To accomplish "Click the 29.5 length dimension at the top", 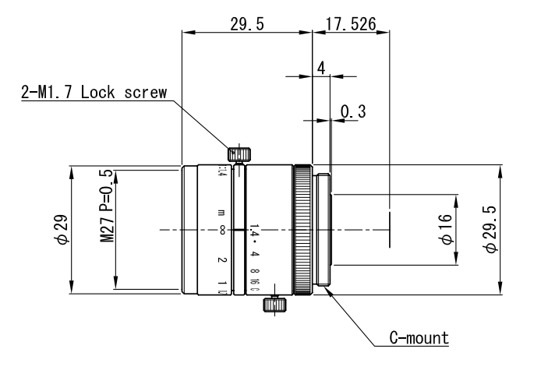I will tap(247, 24).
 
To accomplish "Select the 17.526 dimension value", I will tap(350, 24).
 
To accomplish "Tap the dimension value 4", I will tap(320, 67).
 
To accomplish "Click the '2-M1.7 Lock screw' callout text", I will tap(94, 93).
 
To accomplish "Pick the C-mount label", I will tap(419, 338).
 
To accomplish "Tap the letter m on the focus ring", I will tap(222, 212).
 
